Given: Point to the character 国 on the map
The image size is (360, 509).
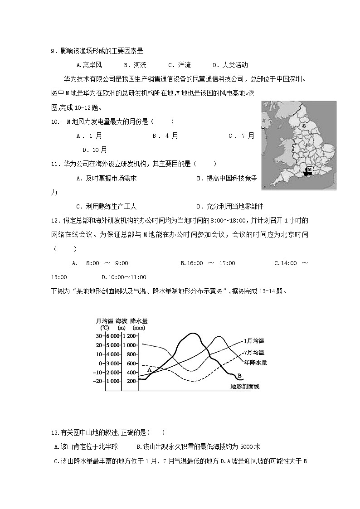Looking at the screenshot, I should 308,145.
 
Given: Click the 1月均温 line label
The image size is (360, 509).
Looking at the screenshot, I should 253,340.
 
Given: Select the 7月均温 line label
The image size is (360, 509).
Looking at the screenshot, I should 253,352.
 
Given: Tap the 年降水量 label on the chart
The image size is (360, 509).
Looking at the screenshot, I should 255,362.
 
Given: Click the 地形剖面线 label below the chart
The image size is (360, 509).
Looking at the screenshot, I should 245,387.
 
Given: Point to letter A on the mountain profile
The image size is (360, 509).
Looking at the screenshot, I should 148,370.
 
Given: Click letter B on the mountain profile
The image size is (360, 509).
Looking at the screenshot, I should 238,375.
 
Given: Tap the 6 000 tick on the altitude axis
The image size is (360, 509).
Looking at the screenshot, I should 112,336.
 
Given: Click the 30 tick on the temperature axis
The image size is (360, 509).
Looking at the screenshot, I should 99,336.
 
